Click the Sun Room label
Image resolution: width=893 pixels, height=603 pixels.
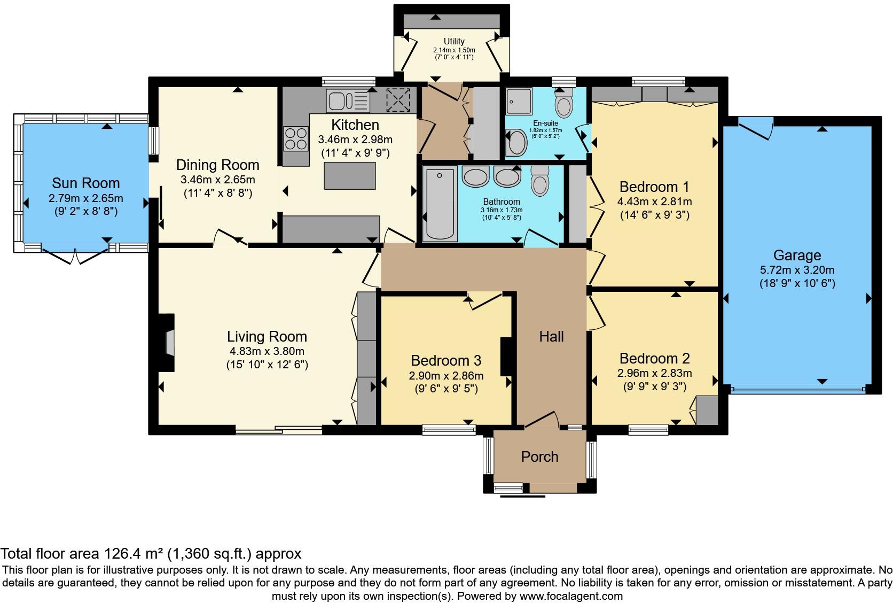[85, 183]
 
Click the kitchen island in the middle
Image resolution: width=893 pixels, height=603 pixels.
[350, 176]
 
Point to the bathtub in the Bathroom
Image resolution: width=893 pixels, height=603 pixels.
[440, 204]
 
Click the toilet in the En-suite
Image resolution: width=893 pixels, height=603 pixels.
[563, 104]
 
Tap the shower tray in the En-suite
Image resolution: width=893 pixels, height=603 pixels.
[519, 101]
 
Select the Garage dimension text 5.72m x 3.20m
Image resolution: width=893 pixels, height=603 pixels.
[797, 270]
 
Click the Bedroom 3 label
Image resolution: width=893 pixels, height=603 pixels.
[446, 360]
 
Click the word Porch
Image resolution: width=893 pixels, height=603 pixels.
[539, 457]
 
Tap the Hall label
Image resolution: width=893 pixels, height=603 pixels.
[551, 337]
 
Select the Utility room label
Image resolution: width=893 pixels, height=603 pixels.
[454, 41]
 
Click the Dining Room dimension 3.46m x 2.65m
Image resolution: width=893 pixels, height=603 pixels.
[217, 180]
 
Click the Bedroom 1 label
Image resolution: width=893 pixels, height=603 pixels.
[654, 187]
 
